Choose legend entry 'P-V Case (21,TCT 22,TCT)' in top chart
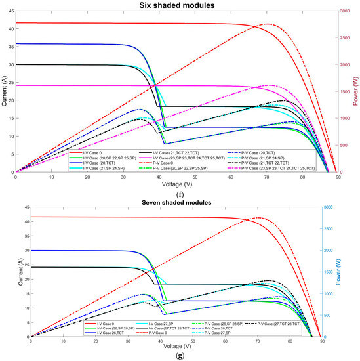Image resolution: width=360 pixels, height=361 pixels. point(278,163)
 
